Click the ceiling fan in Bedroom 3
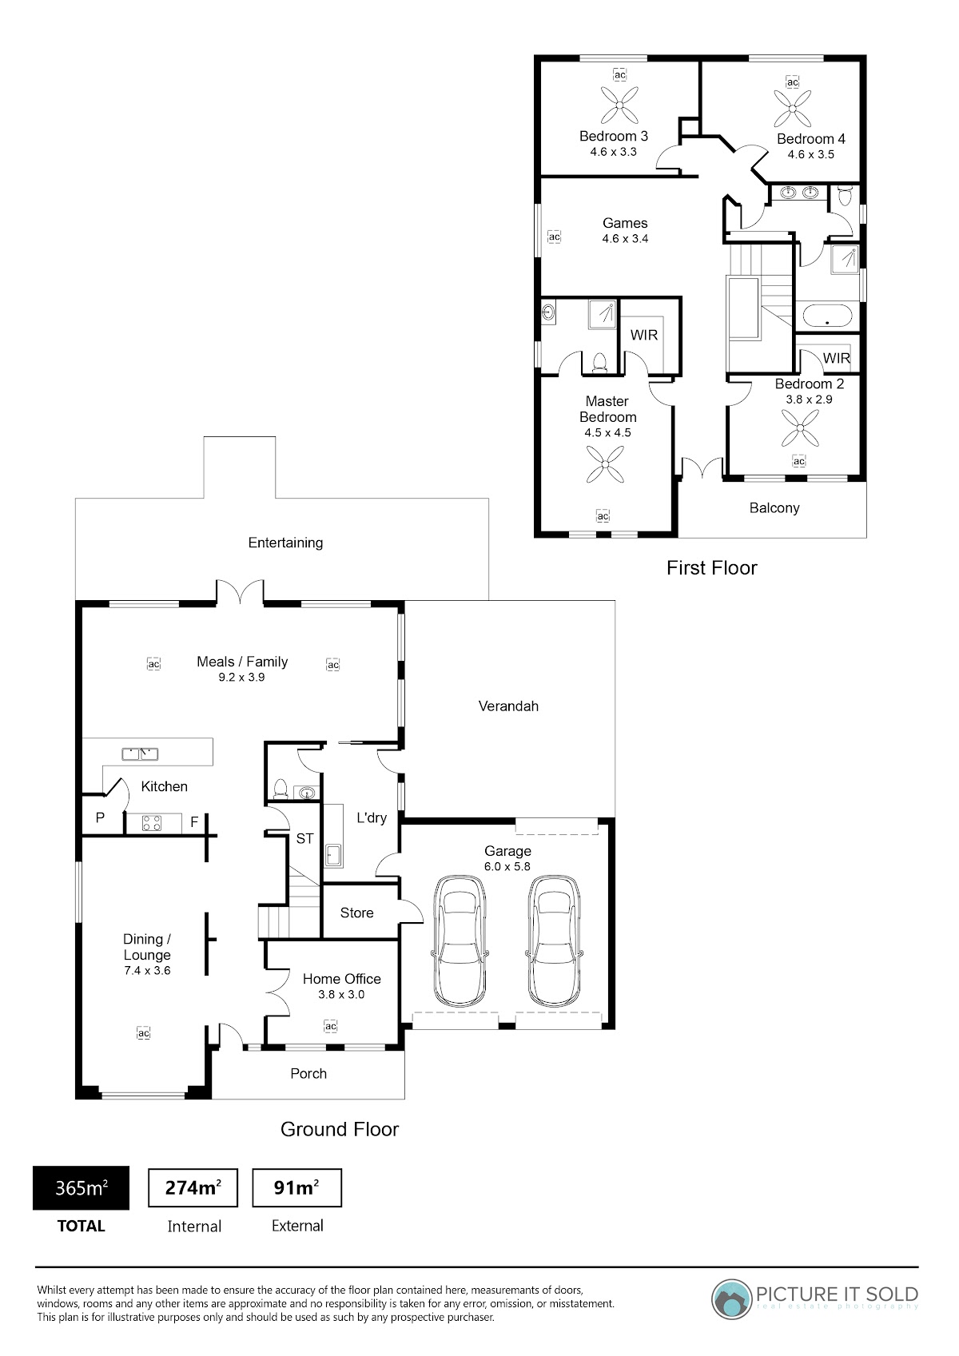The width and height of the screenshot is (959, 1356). coord(619,105)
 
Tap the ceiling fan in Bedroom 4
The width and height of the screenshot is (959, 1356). coord(793,109)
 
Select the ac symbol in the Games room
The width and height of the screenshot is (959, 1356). coord(554,237)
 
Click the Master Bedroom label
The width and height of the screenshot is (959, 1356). coord(608,409)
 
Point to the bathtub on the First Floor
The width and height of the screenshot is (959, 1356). coord(827,316)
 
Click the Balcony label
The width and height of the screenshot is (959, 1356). coord(774,508)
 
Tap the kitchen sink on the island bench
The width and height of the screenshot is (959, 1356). coord(140,754)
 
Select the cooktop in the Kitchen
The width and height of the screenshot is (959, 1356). coord(151,823)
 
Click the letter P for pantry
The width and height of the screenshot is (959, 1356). coord(101,818)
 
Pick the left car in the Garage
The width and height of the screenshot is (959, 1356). coord(460,940)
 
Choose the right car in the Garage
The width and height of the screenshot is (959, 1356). coord(554,940)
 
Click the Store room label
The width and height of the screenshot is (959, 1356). coord(356,913)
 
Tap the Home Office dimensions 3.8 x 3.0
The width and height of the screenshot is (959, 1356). coord(341,995)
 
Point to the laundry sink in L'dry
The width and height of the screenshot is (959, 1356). coord(333,855)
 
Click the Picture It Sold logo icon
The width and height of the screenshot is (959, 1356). coord(731,1299)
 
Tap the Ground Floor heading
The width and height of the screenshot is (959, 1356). coord(340,1130)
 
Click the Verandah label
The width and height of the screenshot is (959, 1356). coord(508,706)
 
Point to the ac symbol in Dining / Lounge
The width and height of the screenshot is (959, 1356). coord(144,1033)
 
